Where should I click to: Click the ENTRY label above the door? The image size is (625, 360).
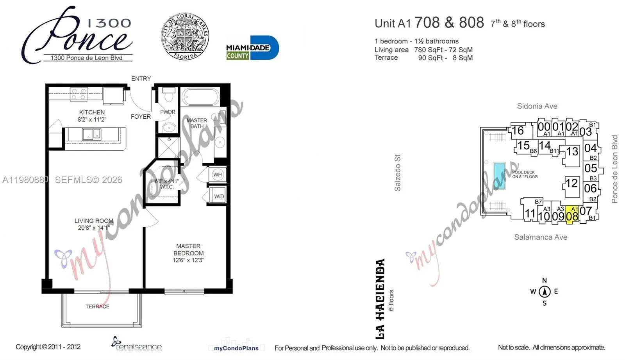pos(141,78)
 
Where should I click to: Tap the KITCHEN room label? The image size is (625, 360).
pos(92,112)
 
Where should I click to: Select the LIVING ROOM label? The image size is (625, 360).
pos(94,221)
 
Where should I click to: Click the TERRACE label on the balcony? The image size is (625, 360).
pos(97,307)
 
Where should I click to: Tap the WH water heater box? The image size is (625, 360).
pos(218,175)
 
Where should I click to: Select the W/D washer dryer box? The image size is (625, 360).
pos(219,196)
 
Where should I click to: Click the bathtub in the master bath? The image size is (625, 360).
pos(201,96)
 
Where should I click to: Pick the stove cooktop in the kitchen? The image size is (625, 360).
pos(79,94)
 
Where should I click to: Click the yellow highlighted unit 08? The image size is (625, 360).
pos(572,215)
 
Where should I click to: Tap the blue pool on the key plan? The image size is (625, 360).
pos(499,175)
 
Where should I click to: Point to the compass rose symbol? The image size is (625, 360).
pos(545,292)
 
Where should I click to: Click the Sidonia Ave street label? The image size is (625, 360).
pos(537,106)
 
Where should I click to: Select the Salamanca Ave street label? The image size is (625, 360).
pos(541,237)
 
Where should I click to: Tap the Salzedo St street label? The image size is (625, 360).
pos(398,173)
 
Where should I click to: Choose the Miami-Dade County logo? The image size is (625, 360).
pos(252,48)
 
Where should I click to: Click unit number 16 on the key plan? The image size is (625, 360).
pos(518,131)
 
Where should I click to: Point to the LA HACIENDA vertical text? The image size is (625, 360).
pos(380,299)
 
